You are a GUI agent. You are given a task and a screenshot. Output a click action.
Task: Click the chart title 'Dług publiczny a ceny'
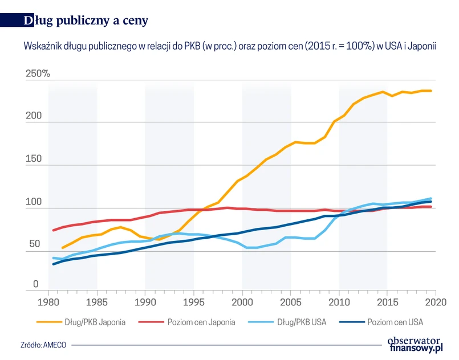[x=86, y=21]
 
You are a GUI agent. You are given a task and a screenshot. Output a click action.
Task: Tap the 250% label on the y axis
[x=38, y=74]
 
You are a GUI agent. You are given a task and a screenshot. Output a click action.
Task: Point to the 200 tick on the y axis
[x=34, y=116]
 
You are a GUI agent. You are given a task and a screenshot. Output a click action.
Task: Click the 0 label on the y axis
[x=35, y=284]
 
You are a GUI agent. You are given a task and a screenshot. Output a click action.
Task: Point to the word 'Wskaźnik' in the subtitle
[x=42, y=45]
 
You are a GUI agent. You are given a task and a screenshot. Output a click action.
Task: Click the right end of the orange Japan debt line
[x=431, y=91]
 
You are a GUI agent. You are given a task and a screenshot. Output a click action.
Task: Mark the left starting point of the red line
[x=53, y=230]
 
